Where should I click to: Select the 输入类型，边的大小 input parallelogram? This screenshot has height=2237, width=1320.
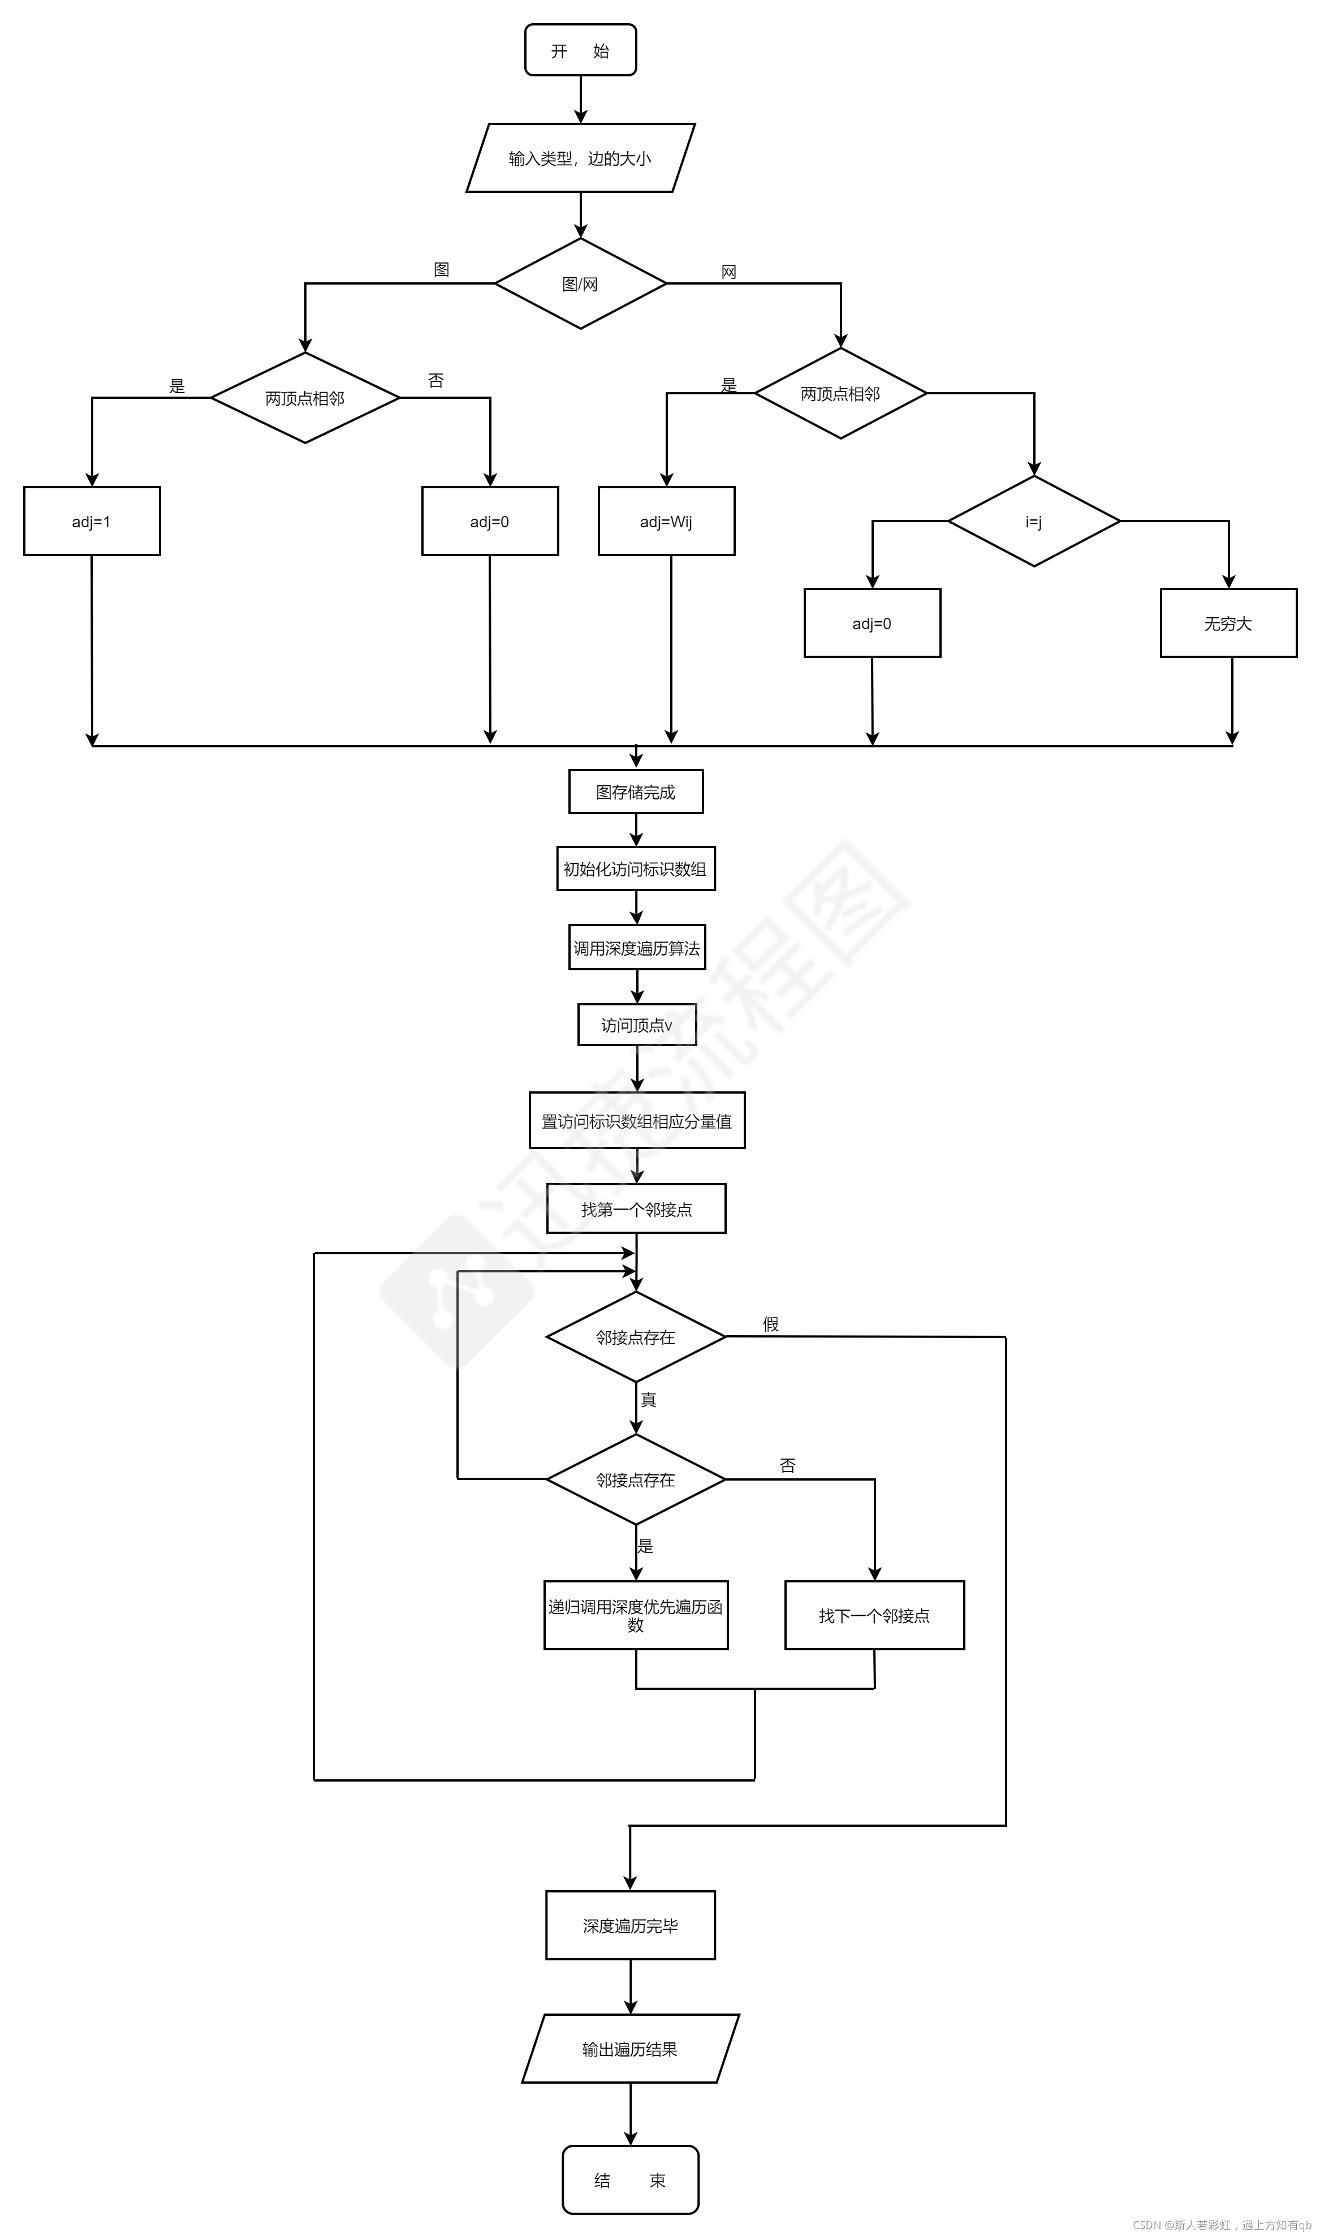pyautogui.click(x=580, y=158)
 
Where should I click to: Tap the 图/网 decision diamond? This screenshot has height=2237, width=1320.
pyautogui.click(x=580, y=284)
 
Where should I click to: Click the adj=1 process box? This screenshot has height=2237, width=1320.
pyautogui.click(x=92, y=522)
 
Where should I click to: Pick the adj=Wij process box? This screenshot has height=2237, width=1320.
pyautogui.click(x=666, y=522)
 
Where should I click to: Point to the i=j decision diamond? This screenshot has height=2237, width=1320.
pyautogui.click(x=1034, y=522)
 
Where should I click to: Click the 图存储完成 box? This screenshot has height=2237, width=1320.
pyautogui.click(x=636, y=792)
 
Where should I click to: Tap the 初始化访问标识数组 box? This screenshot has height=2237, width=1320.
pyautogui.click(x=636, y=868)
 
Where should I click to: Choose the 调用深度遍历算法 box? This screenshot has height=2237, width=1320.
pyautogui.click(x=637, y=948)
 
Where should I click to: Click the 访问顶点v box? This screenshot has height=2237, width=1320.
pyautogui.click(x=637, y=1025)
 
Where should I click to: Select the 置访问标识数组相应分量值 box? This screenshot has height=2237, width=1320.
pyautogui.click(x=637, y=1121)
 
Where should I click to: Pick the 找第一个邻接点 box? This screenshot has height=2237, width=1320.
pyautogui.click(x=636, y=1209)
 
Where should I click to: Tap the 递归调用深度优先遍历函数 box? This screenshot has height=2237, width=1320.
pyautogui.click(x=636, y=1616)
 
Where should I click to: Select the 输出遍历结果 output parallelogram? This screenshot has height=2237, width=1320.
pyautogui.click(x=631, y=2049)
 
